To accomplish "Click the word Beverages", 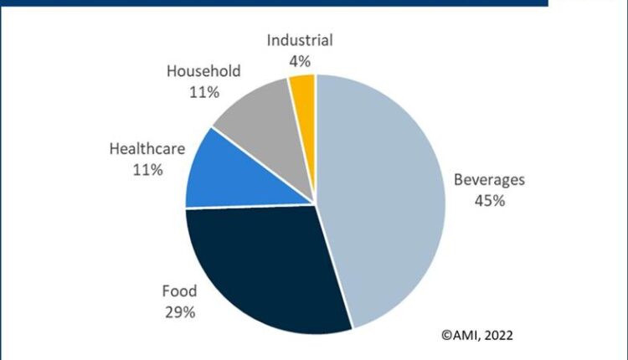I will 490,180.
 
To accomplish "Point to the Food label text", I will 179,292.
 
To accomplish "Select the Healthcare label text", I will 146,150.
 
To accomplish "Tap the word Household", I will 203,72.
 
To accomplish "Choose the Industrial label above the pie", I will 300,40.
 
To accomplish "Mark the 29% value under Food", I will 179,312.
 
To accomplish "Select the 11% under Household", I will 203,92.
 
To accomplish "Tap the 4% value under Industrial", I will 300,60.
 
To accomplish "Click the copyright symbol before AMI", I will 445,336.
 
